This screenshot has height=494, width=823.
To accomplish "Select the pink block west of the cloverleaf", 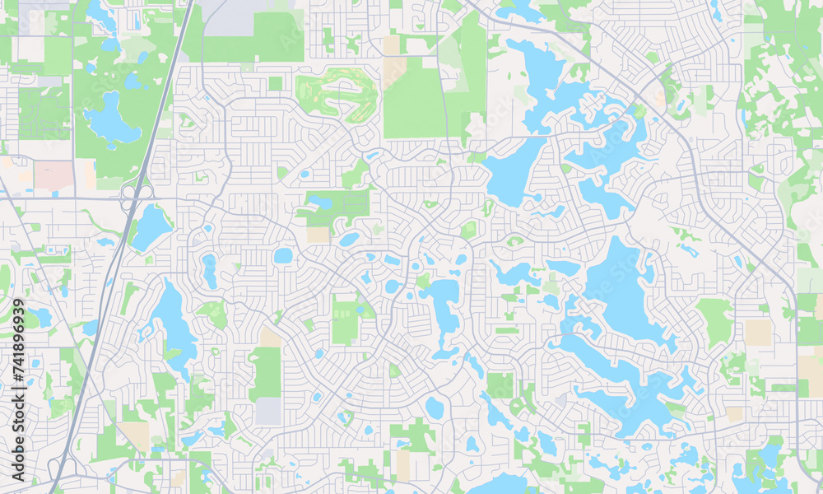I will point(53,175).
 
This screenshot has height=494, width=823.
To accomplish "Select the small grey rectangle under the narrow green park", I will point(268,411).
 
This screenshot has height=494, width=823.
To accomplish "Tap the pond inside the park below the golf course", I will point(320,203).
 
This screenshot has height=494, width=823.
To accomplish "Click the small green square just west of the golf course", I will point(275,83).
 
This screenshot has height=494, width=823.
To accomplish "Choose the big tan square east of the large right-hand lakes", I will point(758,332).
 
